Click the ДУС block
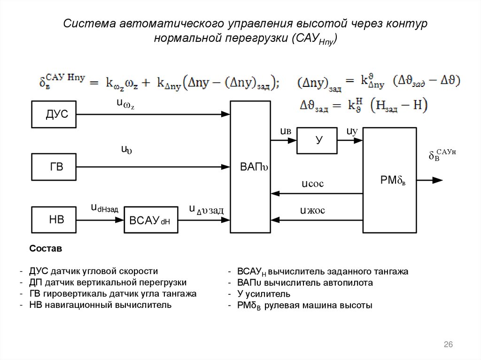tap(54, 115)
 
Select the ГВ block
tap(54, 167)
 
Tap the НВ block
tap(54, 219)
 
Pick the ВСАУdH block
tap(151, 219)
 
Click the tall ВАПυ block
tap(250, 167)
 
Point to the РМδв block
tap(389, 180)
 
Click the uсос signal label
tap(312, 184)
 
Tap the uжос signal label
tap(312, 210)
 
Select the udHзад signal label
tap(104, 207)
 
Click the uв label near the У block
tap(286, 131)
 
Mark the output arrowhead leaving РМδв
tap(438, 180)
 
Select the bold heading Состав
tap(46, 248)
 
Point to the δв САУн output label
tap(442, 155)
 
